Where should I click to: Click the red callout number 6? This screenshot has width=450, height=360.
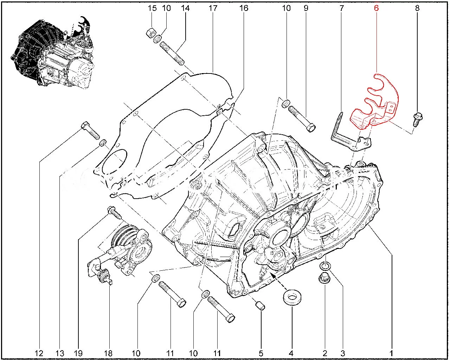376,8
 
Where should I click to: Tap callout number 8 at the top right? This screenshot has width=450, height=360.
417,8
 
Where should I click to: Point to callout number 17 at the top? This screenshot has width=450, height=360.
213,8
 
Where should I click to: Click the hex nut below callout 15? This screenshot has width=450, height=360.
150,33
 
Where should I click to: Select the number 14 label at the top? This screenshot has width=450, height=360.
185,8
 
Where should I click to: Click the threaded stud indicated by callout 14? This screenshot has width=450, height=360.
172,53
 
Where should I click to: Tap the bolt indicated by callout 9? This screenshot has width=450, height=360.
302,118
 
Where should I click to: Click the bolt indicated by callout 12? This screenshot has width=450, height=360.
90,130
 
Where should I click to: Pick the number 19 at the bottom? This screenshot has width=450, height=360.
78,353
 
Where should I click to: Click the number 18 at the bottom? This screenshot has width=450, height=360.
108,353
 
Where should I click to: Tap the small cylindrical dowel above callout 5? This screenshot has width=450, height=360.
261,306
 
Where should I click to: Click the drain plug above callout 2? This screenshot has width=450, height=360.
324,278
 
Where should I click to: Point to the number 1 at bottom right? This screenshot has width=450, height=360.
391,353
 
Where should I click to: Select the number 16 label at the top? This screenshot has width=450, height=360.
244,8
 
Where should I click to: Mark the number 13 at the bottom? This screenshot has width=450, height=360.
60,353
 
